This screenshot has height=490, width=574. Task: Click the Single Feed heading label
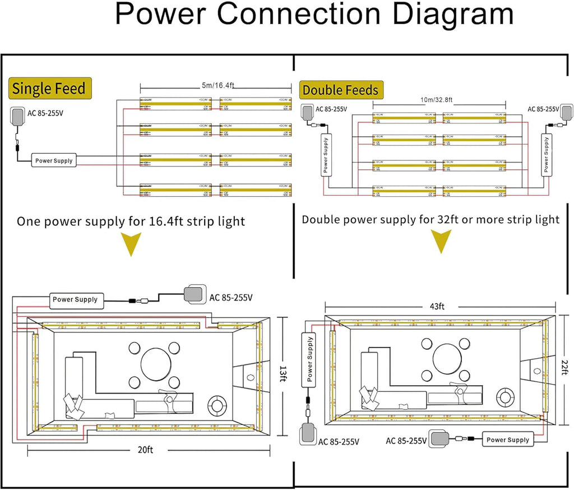point(49,89)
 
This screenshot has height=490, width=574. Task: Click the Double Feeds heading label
point(340,90)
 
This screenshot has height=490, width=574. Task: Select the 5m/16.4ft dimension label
point(216,85)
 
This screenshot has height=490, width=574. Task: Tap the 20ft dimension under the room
point(146,450)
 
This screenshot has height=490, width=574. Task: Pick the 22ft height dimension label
point(563,370)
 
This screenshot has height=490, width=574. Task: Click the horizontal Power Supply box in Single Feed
point(54,160)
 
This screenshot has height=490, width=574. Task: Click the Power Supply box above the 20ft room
point(75,299)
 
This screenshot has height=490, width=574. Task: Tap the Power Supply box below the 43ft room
point(507,440)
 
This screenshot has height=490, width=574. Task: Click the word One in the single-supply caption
point(29,221)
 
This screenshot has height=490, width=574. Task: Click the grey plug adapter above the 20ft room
point(194,293)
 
